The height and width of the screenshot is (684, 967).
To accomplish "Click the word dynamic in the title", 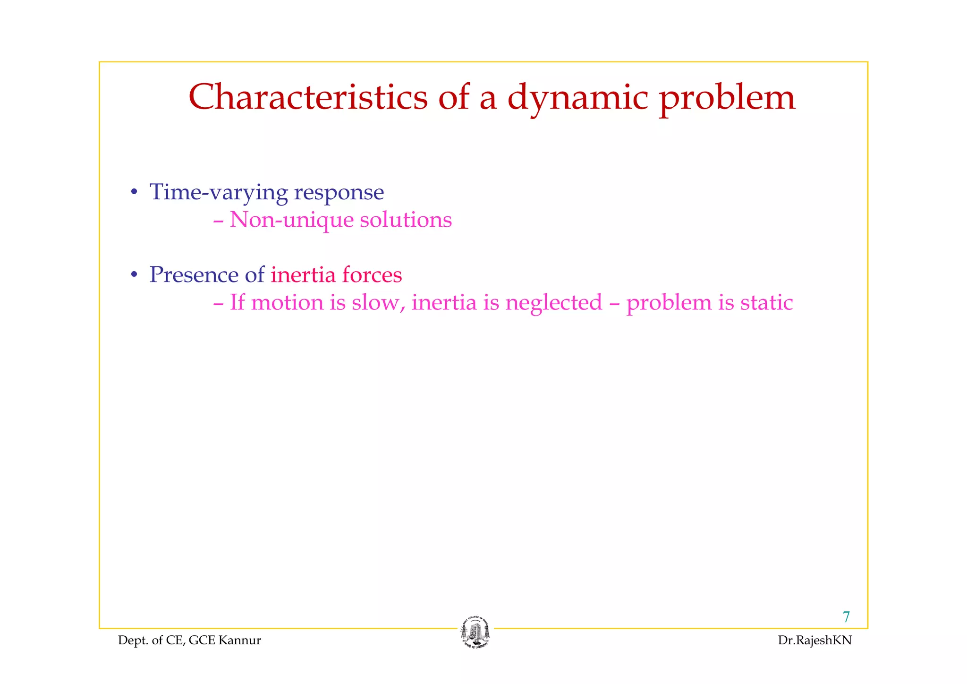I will pyautogui.click(x=577, y=98).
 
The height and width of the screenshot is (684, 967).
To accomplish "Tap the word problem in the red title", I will pyautogui.click(x=727, y=98).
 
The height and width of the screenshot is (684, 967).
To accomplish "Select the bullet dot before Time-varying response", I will pyautogui.click(x=134, y=193).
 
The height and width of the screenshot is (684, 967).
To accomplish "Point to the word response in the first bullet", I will pyautogui.click(x=339, y=193).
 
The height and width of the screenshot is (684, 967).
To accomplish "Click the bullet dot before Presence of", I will pyautogui.click(x=134, y=275).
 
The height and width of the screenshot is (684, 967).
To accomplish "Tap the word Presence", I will pyautogui.click(x=194, y=275).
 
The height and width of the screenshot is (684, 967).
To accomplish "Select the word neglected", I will pyautogui.click(x=553, y=303).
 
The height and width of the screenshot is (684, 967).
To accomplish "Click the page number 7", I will pyautogui.click(x=846, y=617).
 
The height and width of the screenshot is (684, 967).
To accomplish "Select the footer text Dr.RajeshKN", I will pyautogui.click(x=815, y=641).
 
